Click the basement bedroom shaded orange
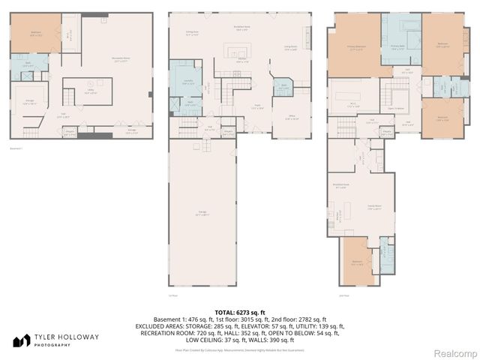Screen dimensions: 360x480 [34, 34]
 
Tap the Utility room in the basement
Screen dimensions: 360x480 [88, 92]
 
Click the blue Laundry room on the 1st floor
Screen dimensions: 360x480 [187, 84]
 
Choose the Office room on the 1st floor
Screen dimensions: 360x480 [289, 118]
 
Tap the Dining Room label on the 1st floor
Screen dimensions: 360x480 [192, 32]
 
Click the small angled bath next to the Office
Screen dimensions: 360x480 [283, 88]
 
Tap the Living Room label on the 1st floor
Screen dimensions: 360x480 [291, 48]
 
